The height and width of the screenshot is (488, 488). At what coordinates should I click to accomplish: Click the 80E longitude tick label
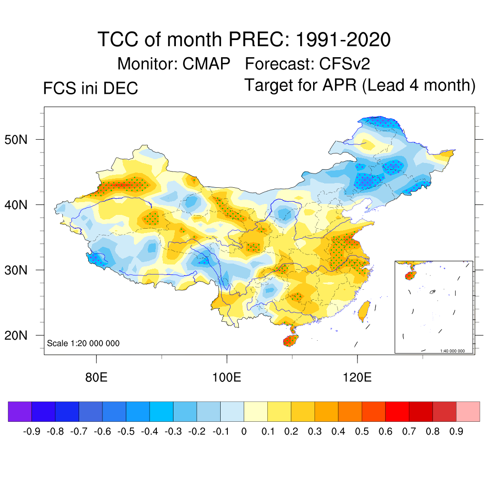[96, 378]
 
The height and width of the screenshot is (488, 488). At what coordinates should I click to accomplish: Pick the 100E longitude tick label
[226, 378]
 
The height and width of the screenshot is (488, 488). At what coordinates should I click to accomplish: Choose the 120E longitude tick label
[357, 378]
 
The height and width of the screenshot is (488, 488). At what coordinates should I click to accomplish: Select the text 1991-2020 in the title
[343, 39]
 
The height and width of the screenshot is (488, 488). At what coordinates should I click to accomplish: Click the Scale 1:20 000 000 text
[83, 343]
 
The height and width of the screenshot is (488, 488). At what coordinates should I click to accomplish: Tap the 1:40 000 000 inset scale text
[456, 351]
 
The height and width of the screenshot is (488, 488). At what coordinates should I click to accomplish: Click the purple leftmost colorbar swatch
[20, 411]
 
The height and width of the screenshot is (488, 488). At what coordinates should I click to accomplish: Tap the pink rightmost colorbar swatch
[468, 411]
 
